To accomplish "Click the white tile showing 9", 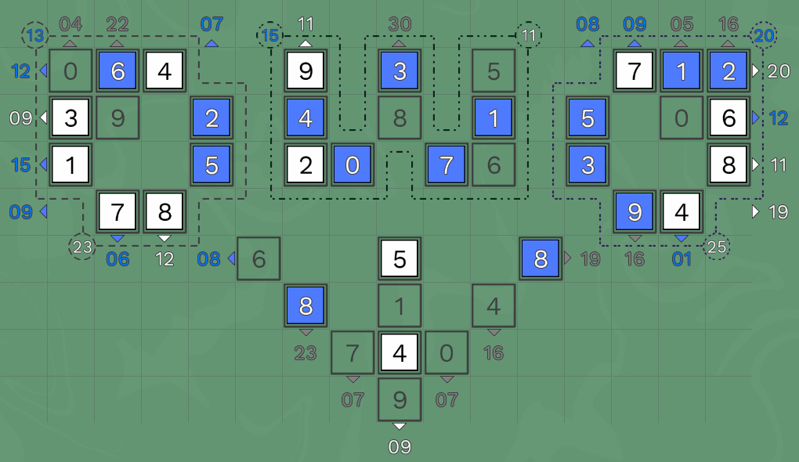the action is coord(305,70).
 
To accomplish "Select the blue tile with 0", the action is coord(352,165).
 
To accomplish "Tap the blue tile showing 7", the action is coord(446,165).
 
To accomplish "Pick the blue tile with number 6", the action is coord(117,70).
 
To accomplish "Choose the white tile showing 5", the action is coord(399,258).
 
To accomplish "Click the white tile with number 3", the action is coord(70,118).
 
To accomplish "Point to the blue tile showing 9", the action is coord(634,212).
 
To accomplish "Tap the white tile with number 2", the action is coord(305,165).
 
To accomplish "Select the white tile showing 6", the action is coord(728,118).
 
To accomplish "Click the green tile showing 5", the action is coord(493,70).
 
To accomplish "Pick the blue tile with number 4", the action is coord(305,118).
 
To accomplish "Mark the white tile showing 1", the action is coord(70,165).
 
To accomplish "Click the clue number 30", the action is coord(399,24).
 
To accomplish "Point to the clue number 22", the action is coord(117,24).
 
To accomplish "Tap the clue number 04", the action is coord(70,24).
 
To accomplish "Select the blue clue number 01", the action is coord(681,259).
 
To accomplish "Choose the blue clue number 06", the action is coord(117,259).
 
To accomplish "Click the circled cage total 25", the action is coord(717,247).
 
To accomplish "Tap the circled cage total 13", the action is coord(35,36).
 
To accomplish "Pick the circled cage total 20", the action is coord(763,36).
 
